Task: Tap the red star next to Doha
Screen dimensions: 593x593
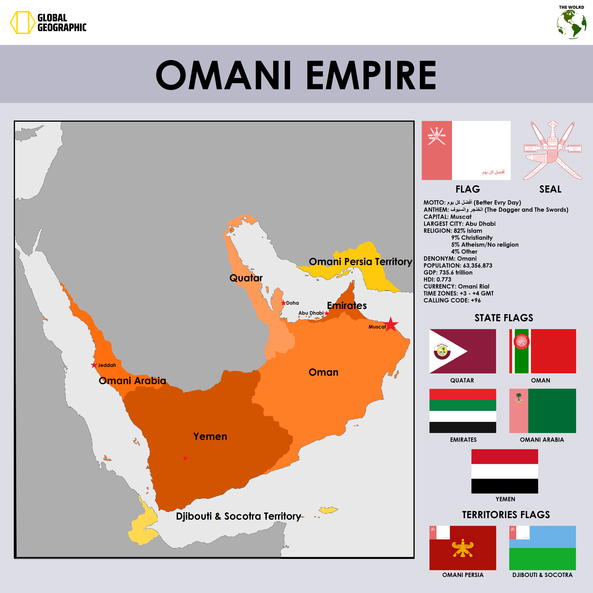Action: [x=283, y=303]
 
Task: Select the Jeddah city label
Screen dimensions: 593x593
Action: [x=107, y=365]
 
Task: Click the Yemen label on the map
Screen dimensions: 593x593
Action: [x=210, y=436]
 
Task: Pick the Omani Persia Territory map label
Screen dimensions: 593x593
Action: [x=360, y=262]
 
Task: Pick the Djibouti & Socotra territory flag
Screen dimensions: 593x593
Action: [x=542, y=548]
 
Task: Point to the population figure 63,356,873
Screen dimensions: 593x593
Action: [x=477, y=266]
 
